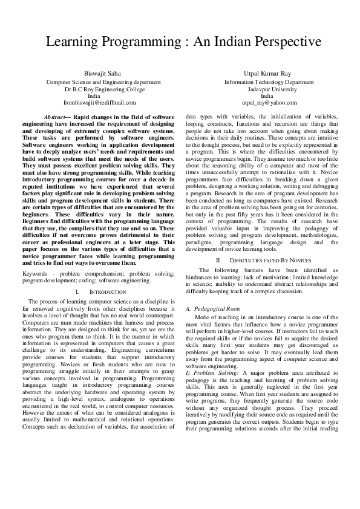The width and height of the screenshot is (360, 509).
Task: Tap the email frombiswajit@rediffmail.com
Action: tap(94, 103)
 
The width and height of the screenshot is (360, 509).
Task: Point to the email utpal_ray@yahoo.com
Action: tap(266, 103)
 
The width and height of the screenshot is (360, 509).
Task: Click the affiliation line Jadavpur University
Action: tap(266, 88)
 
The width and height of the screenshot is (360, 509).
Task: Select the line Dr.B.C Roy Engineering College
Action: tap(94, 88)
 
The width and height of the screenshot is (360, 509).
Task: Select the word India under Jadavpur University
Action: tap(266, 96)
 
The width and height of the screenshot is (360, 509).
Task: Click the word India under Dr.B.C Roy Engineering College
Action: tap(94, 96)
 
